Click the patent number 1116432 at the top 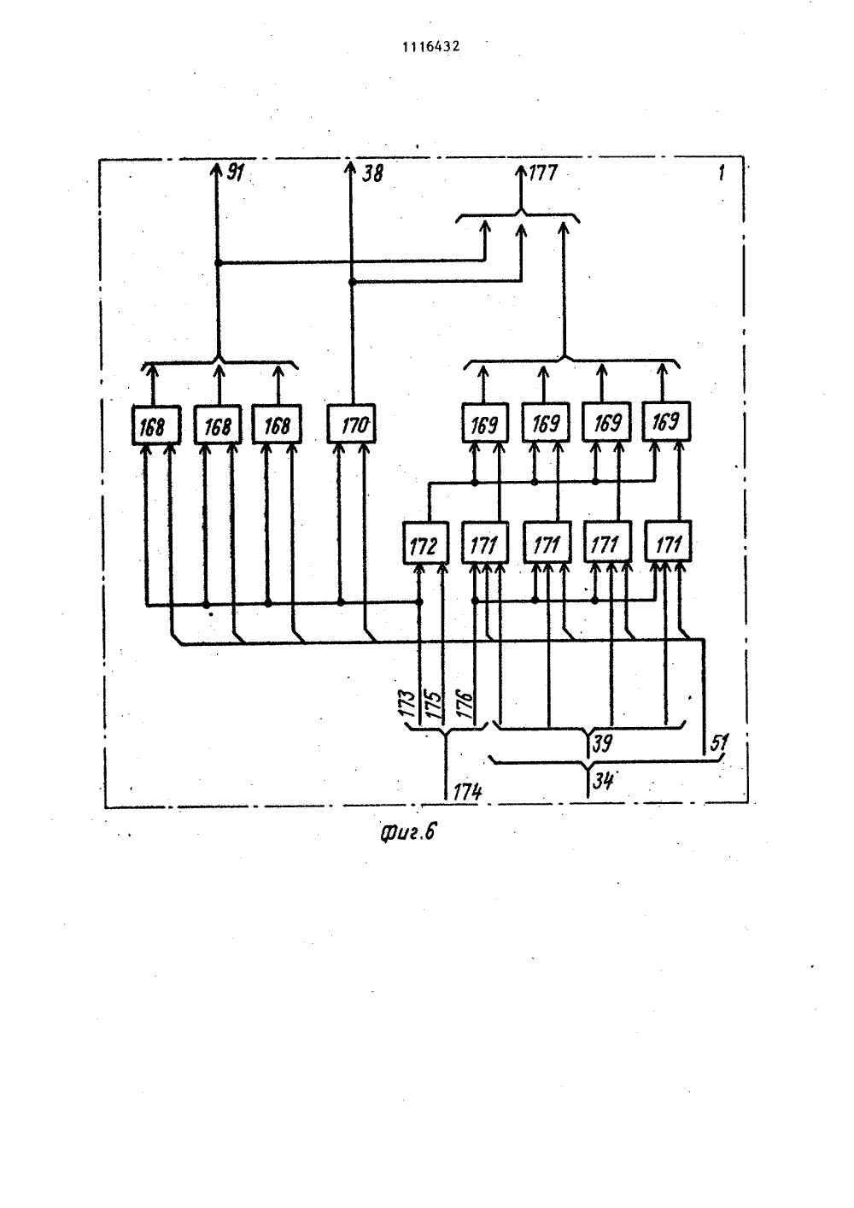tap(431, 47)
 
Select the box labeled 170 tap(352, 424)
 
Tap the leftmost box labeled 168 tap(156, 425)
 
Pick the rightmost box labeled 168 tap(277, 425)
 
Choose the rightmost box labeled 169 tap(666, 421)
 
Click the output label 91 tap(235, 173)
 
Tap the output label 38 tap(372, 173)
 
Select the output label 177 tap(543, 173)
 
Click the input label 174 tap(467, 792)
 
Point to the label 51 tap(719, 743)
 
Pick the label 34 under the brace tap(603, 780)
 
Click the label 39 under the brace tap(602, 743)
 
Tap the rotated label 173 tap(407, 703)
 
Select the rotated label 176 tap(465, 703)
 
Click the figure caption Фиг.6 tap(407, 833)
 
